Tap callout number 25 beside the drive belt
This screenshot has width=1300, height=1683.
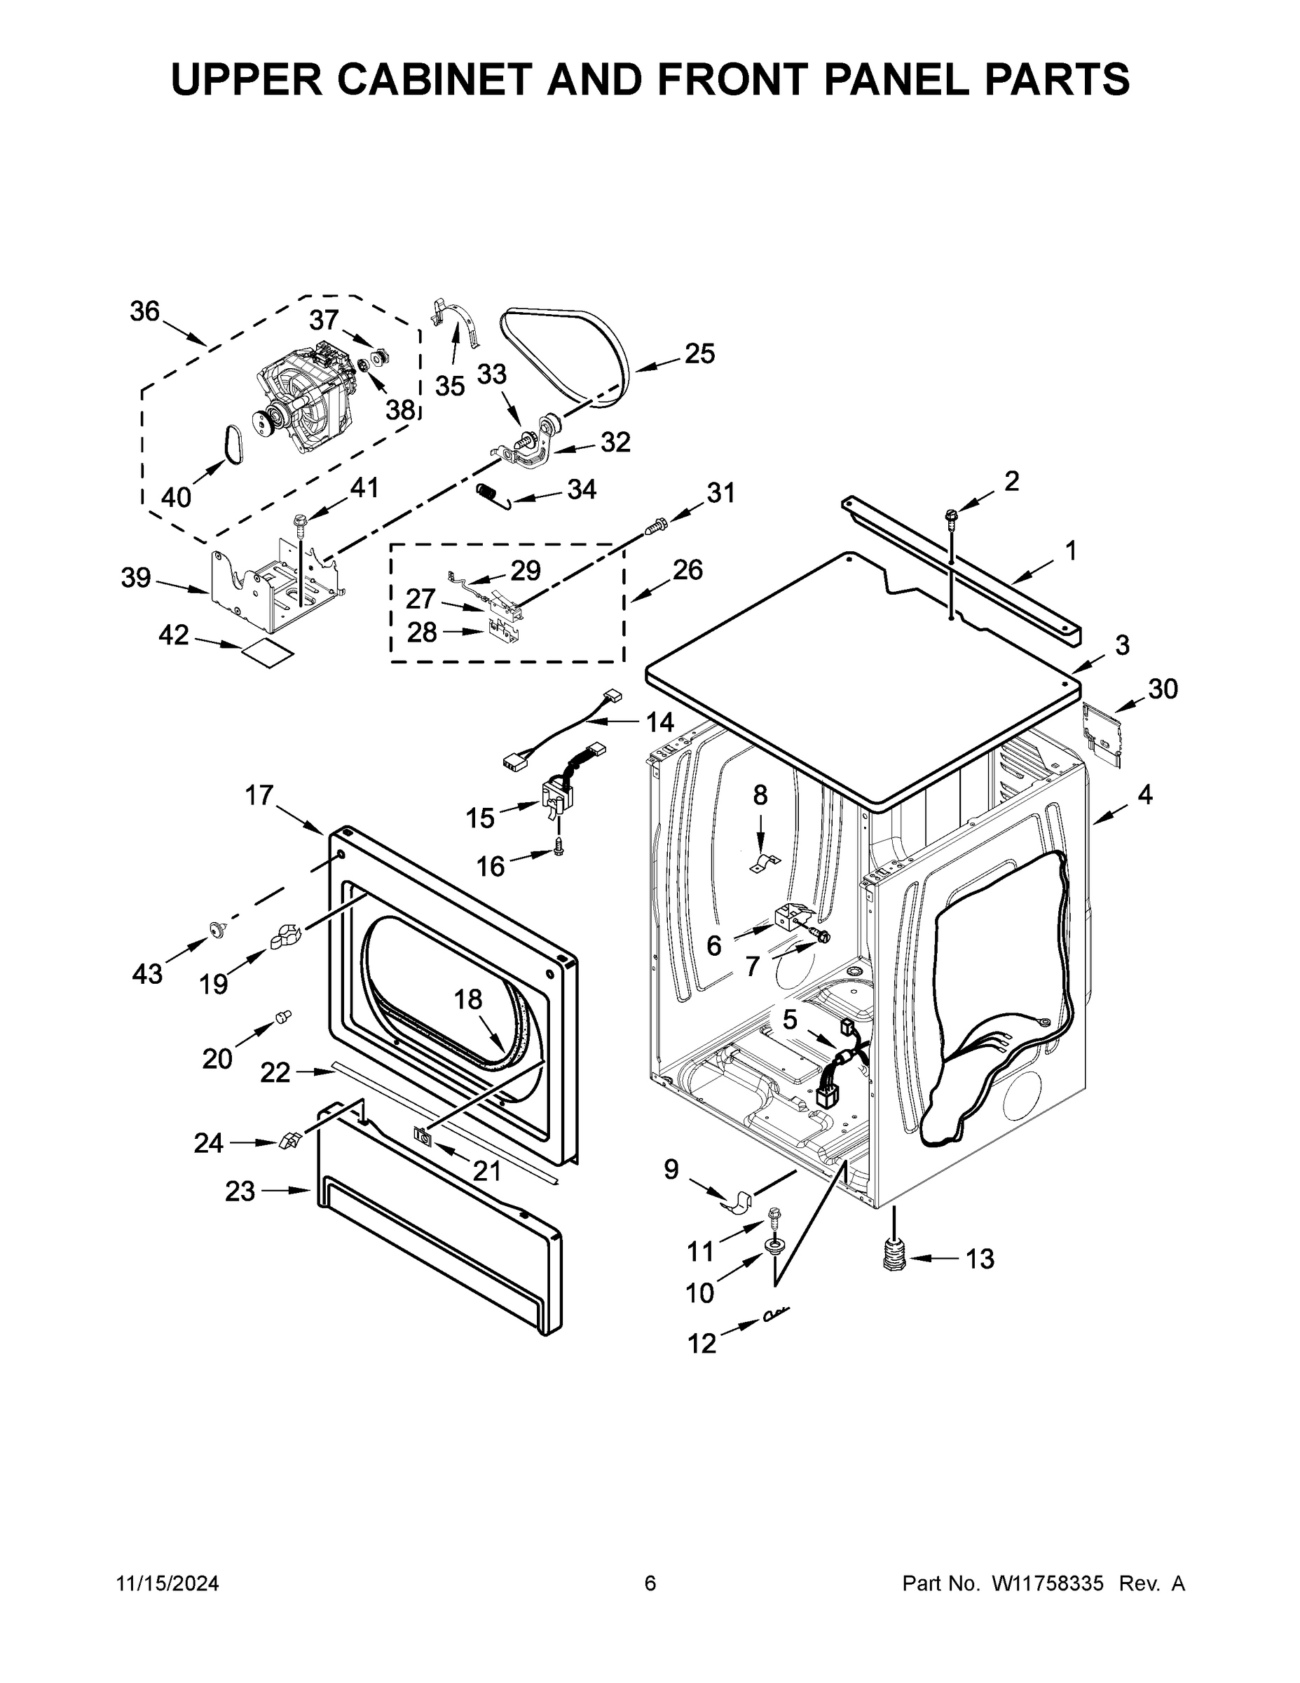[699, 353]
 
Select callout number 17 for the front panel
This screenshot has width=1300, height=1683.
[259, 795]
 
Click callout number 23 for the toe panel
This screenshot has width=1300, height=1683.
[240, 1191]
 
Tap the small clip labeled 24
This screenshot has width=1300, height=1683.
[289, 1141]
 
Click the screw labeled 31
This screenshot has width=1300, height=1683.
[654, 527]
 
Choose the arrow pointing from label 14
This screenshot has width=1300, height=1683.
[608, 722]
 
